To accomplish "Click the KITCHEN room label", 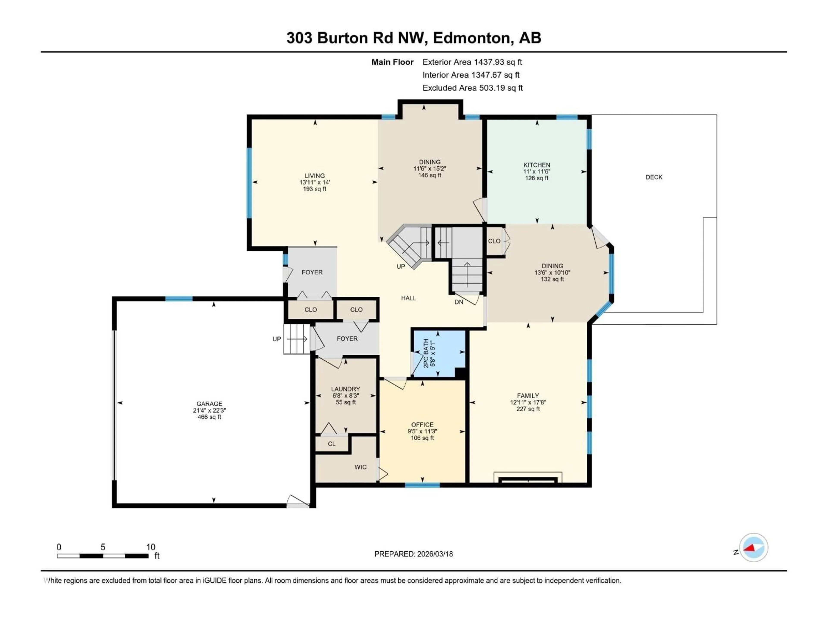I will pyautogui.click(x=536, y=165).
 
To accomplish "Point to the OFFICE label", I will pyautogui.click(x=422, y=425).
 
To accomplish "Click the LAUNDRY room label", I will pyautogui.click(x=345, y=389).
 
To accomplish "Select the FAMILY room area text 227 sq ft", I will pyautogui.click(x=528, y=409).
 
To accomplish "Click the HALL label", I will pyautogui.click(x=408, y=298).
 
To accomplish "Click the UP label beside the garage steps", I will pyautogui.click(x=277, y=339).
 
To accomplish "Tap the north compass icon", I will pyautogui.click(x=754, y=547).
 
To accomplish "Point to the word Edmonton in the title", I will pyautogui.click(x=473, y=38).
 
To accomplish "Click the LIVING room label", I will pyautogui.click(x=314, y=176).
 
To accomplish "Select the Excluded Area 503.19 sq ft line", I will pyautogui.click(x=472, y=88).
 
